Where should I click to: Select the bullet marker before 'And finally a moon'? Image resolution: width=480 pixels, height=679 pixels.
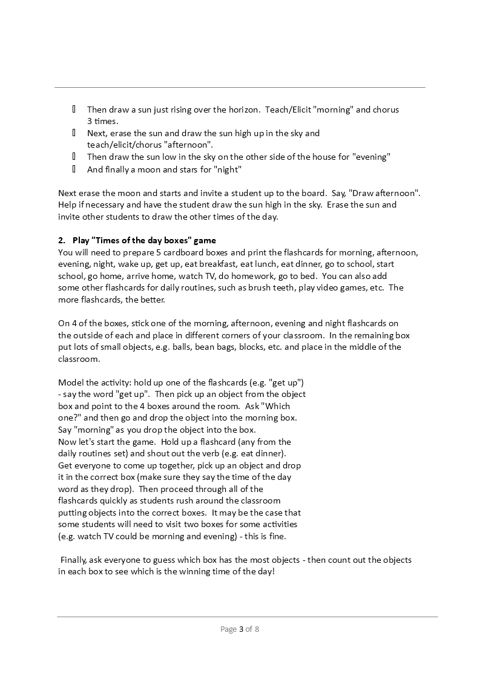point(74,169)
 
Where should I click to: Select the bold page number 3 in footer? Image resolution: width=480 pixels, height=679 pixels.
point(241,629)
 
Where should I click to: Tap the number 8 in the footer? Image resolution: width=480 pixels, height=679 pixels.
point(257,629)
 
